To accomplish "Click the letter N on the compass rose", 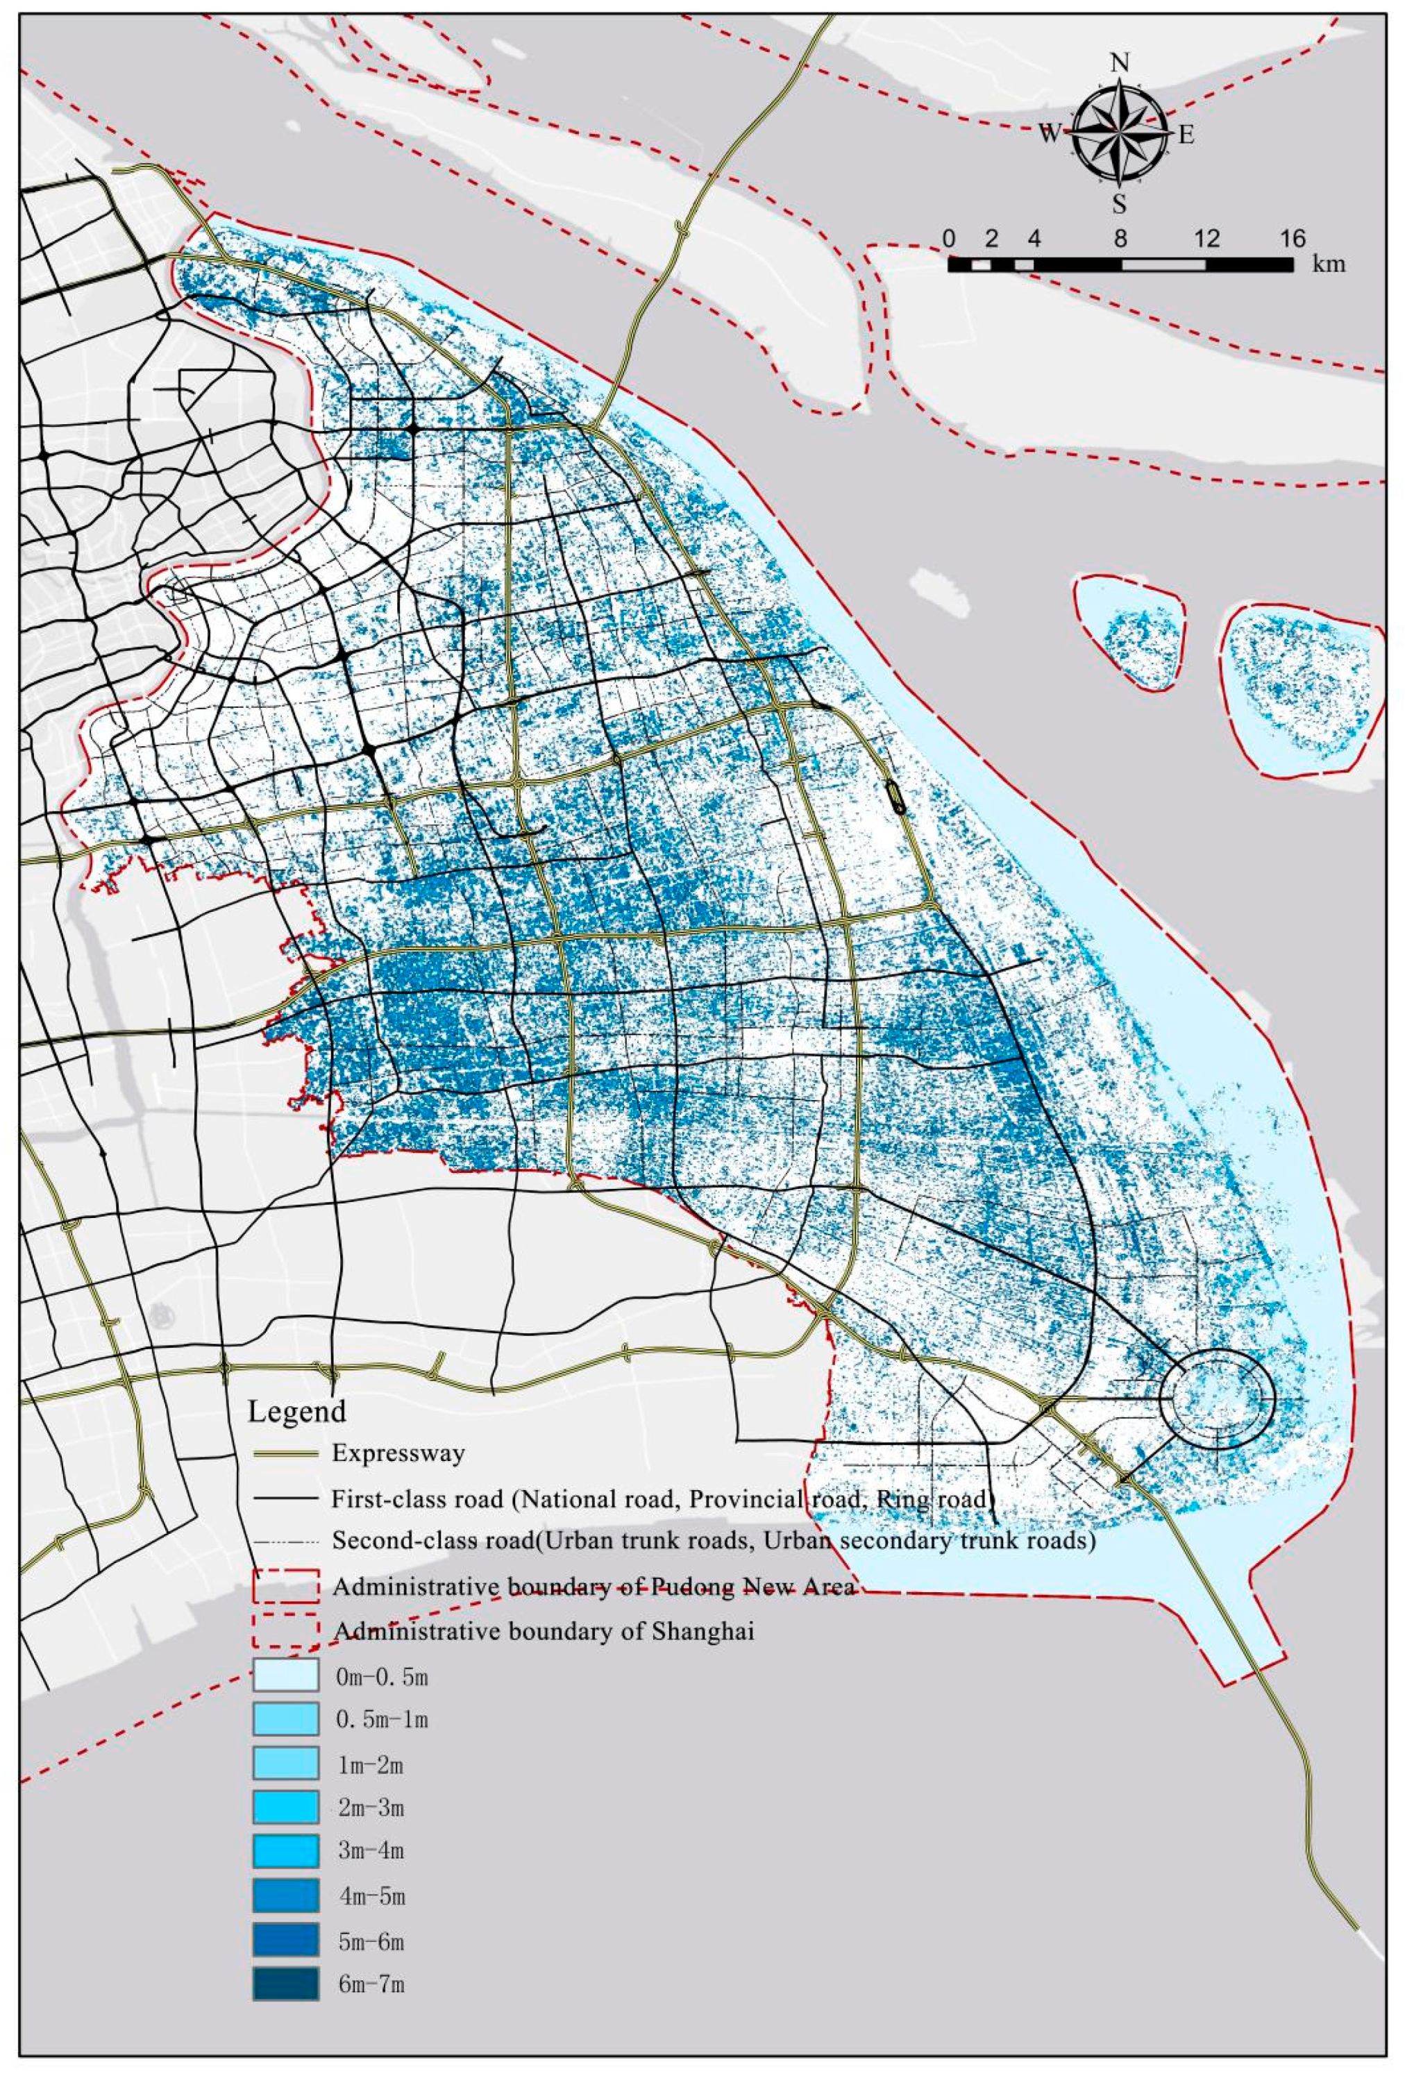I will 1119,62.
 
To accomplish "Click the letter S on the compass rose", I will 1119,205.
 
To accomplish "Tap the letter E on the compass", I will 1186,135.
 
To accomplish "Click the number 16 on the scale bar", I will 1293,239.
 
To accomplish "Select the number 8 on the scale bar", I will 1120,239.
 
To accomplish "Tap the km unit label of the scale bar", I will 1328,264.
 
